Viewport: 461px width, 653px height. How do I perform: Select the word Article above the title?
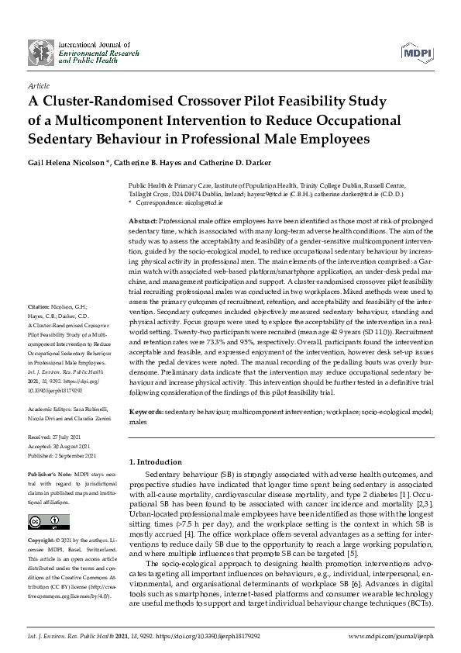[38, 86]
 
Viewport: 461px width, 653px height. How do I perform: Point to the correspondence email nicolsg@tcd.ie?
[201, 202]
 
